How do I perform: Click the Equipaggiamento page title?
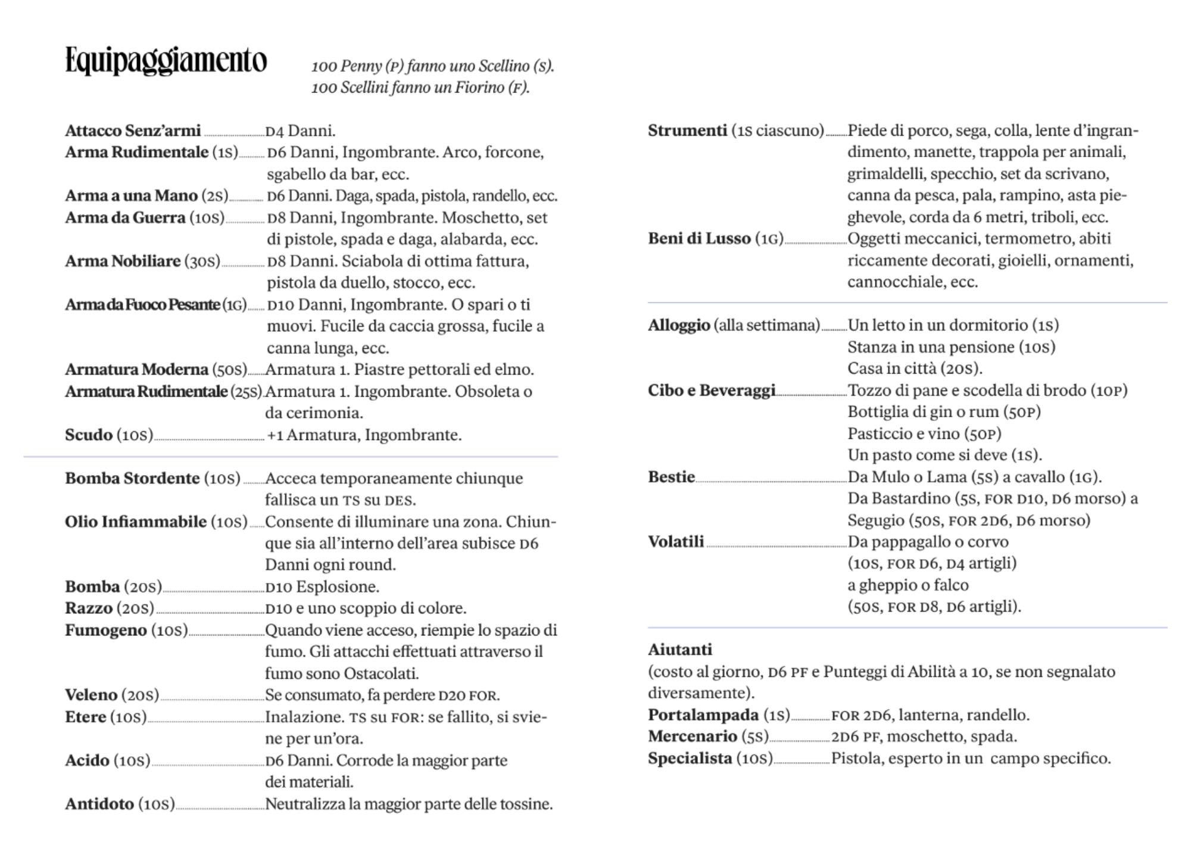pos(166,61)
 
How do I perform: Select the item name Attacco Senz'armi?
pos(132,130)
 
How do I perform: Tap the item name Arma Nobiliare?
pos(123,261)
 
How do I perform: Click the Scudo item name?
pos(89,435)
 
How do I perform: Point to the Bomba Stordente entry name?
pos(132,478)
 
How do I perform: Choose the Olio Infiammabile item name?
pos(136,522)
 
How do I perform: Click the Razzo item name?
pos(89,608)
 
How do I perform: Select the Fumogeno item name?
pos(106,630)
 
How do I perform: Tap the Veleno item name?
pos(91,695)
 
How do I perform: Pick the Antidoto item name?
pos(99,804)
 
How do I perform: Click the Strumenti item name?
pos(687,130)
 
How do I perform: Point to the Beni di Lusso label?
pos(699,239)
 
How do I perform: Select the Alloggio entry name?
pos(679,325)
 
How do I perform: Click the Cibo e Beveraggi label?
pos(712,391)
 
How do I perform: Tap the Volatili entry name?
pos(676,542)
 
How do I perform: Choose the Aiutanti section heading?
pos(680,650)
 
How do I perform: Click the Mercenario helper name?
pos(693,737)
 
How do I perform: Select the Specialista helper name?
pos(690,759)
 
